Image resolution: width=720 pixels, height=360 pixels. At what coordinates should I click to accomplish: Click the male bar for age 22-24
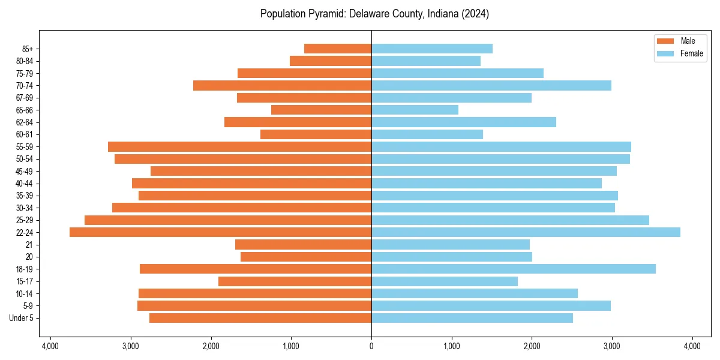pyautogui.click(x=220, y=232)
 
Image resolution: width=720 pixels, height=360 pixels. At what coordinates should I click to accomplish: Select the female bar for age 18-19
pyautogui.click(x=514, y=269)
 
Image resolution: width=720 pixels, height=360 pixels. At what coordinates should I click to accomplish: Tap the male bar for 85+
pyautogui.click(x=338, y=49)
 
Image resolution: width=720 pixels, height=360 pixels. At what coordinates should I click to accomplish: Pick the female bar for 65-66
pyautogui.click(x=415, y=110)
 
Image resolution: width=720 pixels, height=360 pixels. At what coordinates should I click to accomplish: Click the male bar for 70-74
pyautogui.click(x=282, y=85)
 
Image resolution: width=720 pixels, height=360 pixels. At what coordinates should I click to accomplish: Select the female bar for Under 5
pyautogui.click(x=472, y=318)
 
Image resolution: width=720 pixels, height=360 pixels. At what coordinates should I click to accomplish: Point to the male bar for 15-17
pyautogui.click(x=295, y=281)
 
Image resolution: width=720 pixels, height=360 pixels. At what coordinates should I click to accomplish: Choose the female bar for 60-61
pyautogui.click(x=427, y=134)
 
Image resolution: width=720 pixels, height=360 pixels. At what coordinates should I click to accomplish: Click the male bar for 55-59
pyautogui.click(x=239, y=146)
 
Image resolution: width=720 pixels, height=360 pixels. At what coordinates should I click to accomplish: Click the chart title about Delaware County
pyautogui.click(x=374, y=14)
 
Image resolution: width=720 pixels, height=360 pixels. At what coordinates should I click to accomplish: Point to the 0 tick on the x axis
pyautogui.click(x=371, y=346)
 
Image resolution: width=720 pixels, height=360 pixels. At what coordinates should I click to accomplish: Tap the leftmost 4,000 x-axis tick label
pyautogui.click(x=50, y=346)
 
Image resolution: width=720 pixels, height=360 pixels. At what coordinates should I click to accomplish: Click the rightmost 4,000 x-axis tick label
pyautogui.click(x=692, y=346)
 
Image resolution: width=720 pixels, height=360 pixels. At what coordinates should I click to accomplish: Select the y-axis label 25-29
pyautogui.click(x=25, y=220)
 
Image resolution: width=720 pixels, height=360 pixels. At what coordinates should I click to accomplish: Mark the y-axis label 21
pyautogui.click(x=29, y=245)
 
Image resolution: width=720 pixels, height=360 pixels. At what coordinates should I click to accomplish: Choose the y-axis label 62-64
pyautogui.click(x=25, y=122)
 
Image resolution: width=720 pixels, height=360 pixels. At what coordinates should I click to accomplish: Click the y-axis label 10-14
pyautogui.click(x=25, y=293)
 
